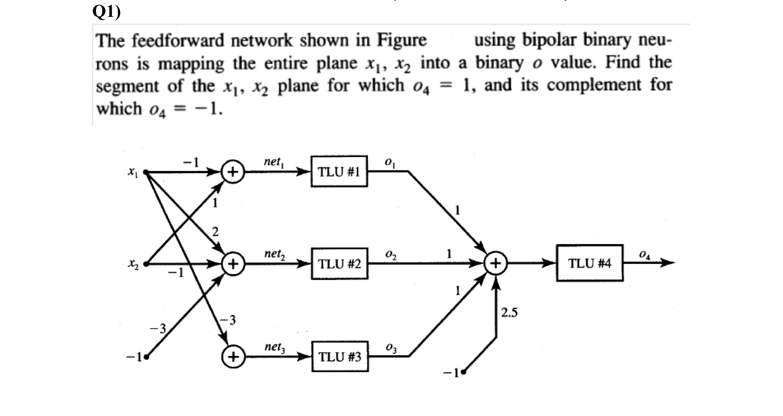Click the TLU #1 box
(x=339, y=172)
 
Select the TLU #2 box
(x=339, y=264)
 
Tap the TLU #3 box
(x=340, y=357)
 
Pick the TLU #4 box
(x=590, y=263)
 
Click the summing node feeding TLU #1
(x=233, y=172)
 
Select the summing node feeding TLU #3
(x=233, y=357)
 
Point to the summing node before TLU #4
(x=496, y=264)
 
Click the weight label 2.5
(x=509, y=313)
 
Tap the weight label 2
(x=215, y=231)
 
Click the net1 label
(x=273, y=162)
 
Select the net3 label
(x=274, y=347)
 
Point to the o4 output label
(x=645, y=255)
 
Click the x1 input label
(x=132, y=172)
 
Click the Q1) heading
(x=107, y=12)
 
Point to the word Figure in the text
(x=401, y=41)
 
